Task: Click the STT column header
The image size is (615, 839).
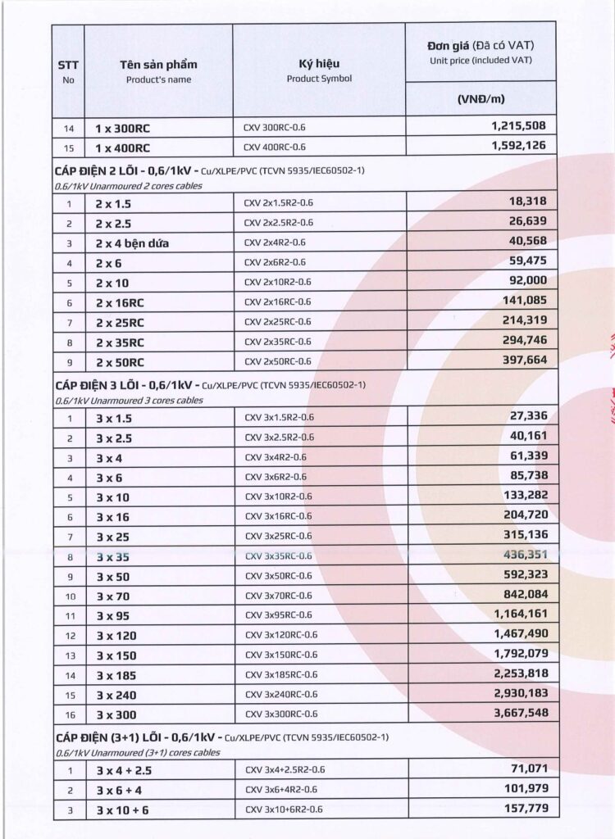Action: (68, 65)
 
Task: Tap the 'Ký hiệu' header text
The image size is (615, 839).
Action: (319, 64)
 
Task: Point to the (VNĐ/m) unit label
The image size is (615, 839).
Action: (481, 99)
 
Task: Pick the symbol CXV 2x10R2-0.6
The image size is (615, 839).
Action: (277, 282)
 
